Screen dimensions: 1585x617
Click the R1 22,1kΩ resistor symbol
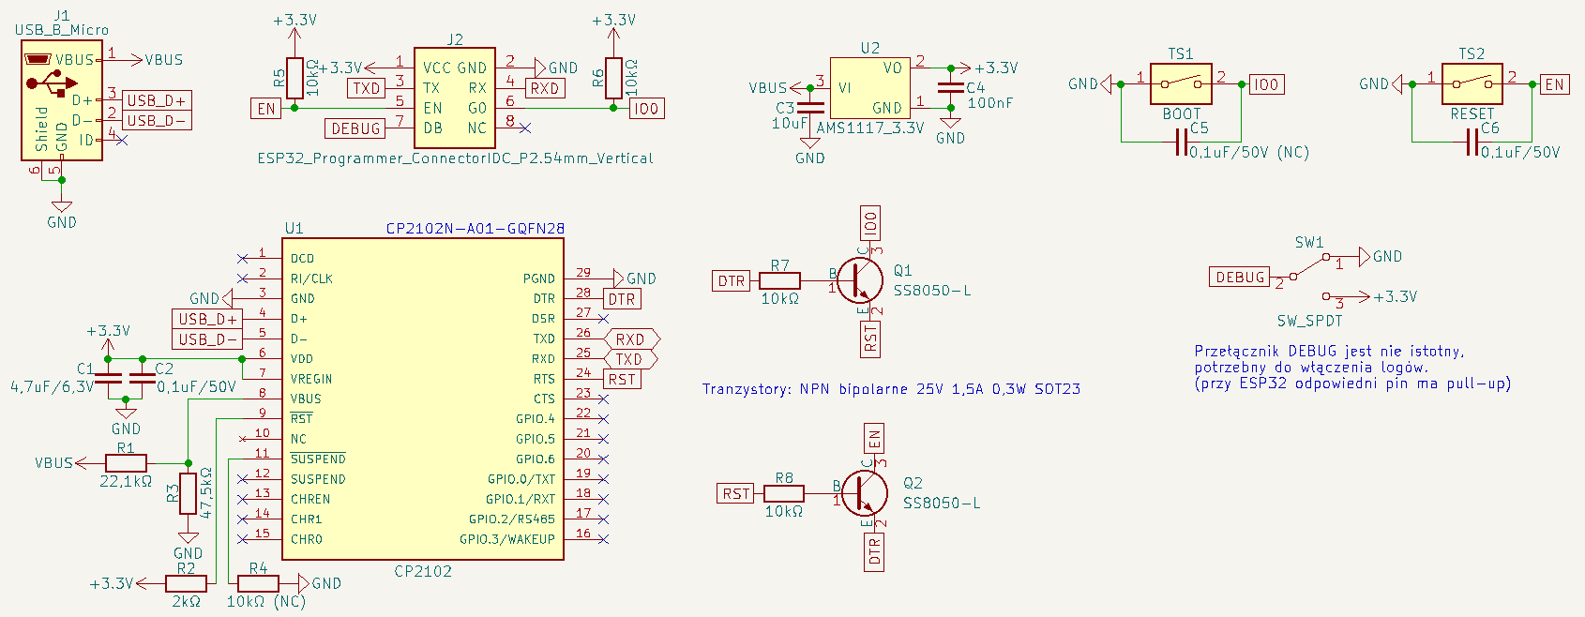point(126,463)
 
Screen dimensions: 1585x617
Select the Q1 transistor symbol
point(859,281)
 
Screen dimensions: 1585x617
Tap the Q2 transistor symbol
point(864,493)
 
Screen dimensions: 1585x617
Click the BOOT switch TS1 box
point(1181,84)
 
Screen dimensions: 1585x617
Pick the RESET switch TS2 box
point(1472,84)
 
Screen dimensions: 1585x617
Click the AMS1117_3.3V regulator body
point(869,88)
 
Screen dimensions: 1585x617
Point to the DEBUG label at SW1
point(1240,277)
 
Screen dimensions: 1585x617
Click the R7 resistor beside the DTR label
point(779,281)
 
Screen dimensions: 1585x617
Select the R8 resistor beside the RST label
point(783,493)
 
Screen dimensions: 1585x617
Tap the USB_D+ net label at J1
point(157,100)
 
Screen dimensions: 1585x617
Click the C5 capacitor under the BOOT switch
point(1181,143)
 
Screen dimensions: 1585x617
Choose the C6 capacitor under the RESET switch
point(1472,143)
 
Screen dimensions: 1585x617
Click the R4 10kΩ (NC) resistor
point(258,584)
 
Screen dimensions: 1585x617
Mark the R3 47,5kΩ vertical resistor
point(189,493)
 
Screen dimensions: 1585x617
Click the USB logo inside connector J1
point(51,83)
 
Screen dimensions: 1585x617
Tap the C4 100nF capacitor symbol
point(950,88)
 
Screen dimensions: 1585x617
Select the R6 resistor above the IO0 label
point(613,78)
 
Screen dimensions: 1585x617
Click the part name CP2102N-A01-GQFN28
point(475,229)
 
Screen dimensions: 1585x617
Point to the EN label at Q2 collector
point(874,439)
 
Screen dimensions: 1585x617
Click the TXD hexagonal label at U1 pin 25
point(629,359)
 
